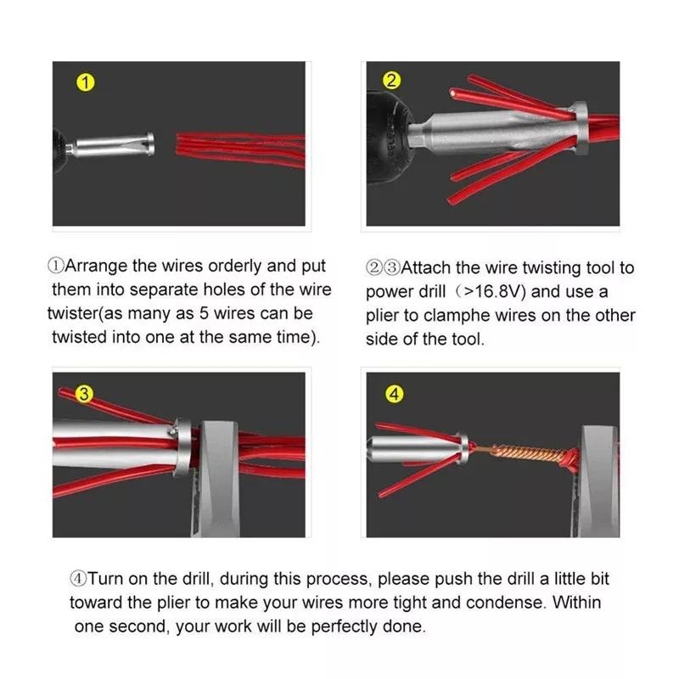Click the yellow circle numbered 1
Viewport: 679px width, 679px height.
click(84, 83)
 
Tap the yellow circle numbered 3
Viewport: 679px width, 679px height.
click(84, 394)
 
